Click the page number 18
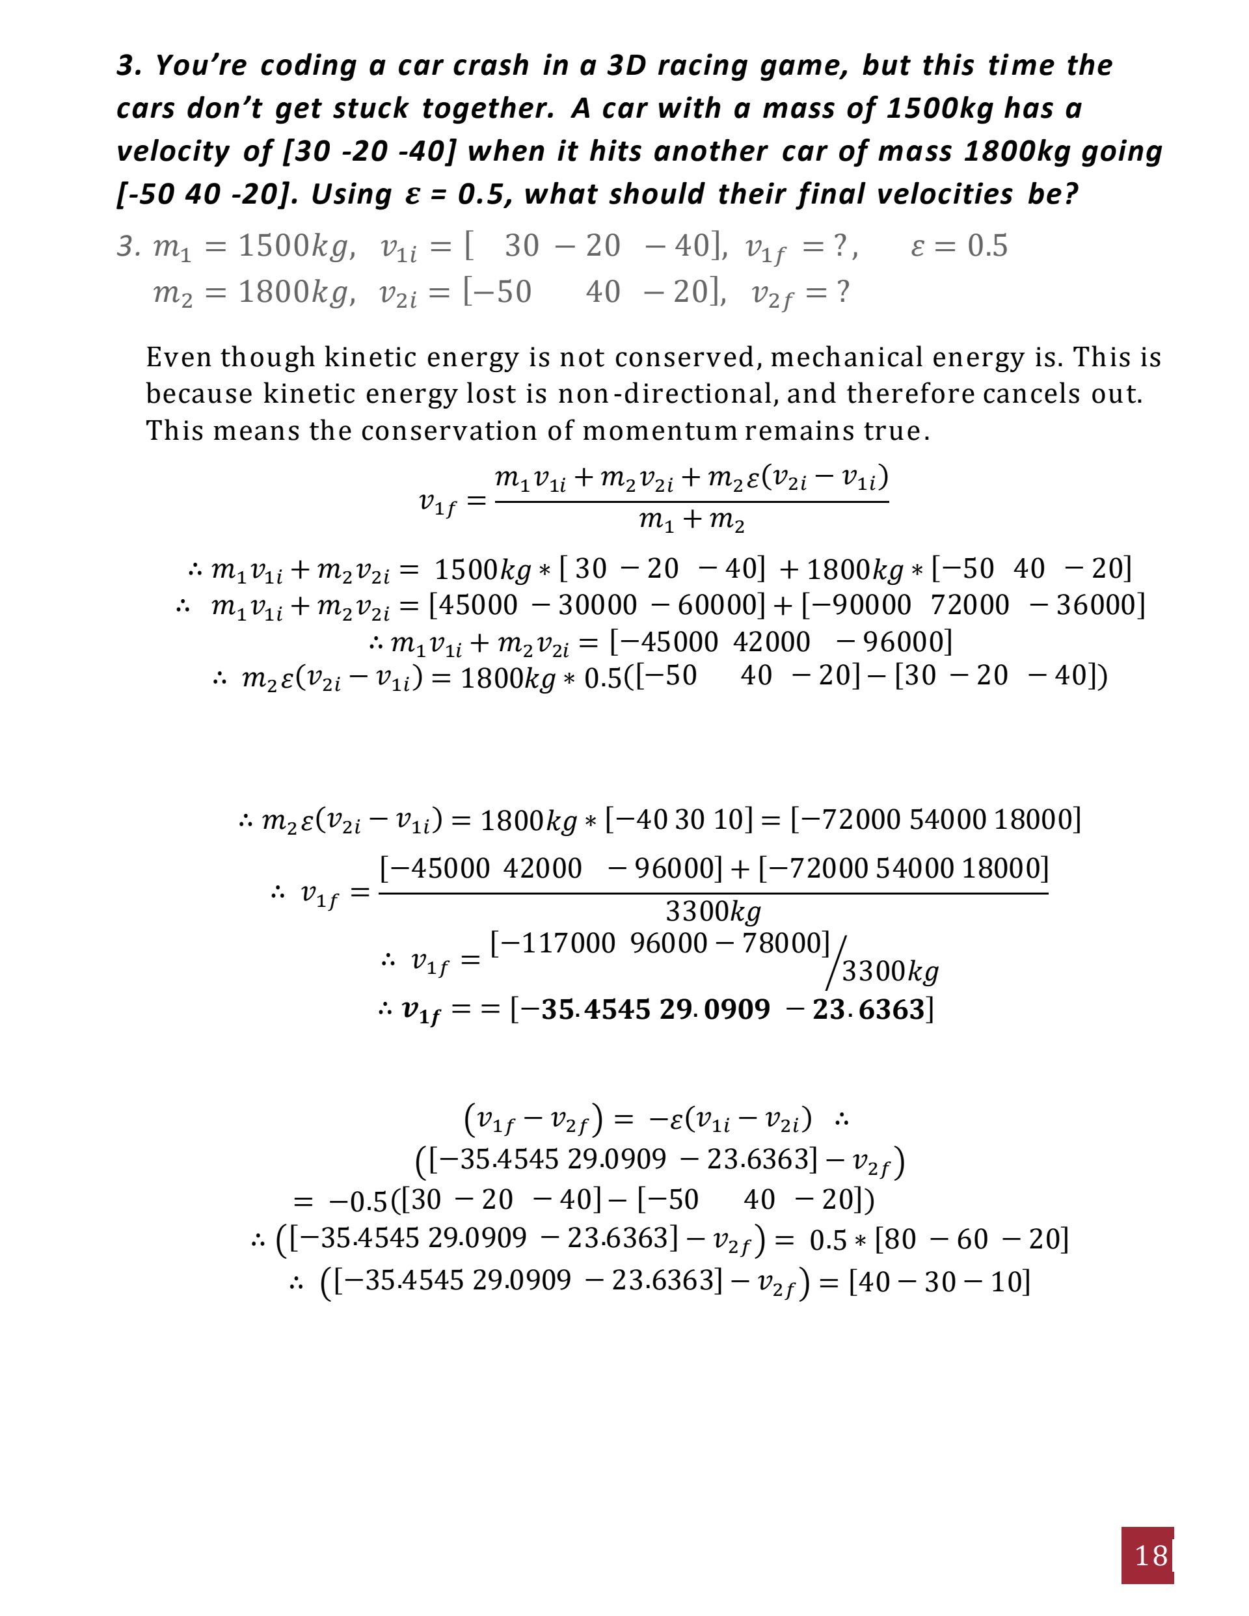coord(1151,1555)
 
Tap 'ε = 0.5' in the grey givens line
coord(959,246)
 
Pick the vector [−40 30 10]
coord(678,820)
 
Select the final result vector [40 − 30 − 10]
coord(939,1282)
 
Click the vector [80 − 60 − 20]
coord(971,1239)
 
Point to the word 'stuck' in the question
coord(371,109)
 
